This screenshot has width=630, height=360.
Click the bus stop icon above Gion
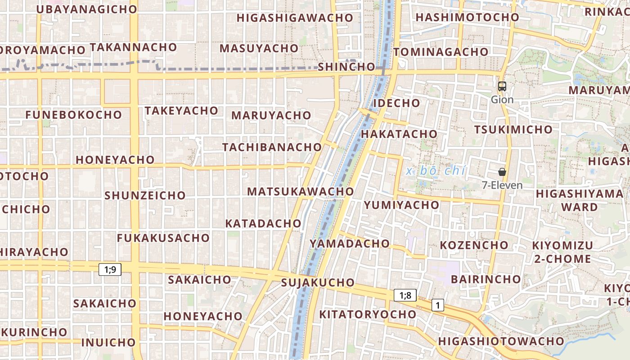(502, 86)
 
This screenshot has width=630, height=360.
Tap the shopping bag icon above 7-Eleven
(502, 172)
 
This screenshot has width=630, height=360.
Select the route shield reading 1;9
(110, 270)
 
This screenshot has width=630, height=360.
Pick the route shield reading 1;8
(405, 295)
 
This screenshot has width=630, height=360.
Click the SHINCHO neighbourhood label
(346, 67)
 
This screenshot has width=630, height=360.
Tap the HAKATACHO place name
(399, 134)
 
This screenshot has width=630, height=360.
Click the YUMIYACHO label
(401, 205)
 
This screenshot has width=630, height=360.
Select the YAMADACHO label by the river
(349, 243)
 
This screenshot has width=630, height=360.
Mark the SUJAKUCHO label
(318, 283)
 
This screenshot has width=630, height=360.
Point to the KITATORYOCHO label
(368, 314)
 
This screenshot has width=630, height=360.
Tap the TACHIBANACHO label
(272, 147)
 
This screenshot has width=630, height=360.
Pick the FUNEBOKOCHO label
(74, 115)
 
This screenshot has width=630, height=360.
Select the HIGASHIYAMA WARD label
(580, 200)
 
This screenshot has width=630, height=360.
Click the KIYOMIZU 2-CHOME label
(562, 252)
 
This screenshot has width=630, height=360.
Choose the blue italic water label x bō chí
(436, 171)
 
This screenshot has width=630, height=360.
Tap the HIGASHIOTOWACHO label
(501, 341)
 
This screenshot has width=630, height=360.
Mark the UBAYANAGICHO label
(86, 9)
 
